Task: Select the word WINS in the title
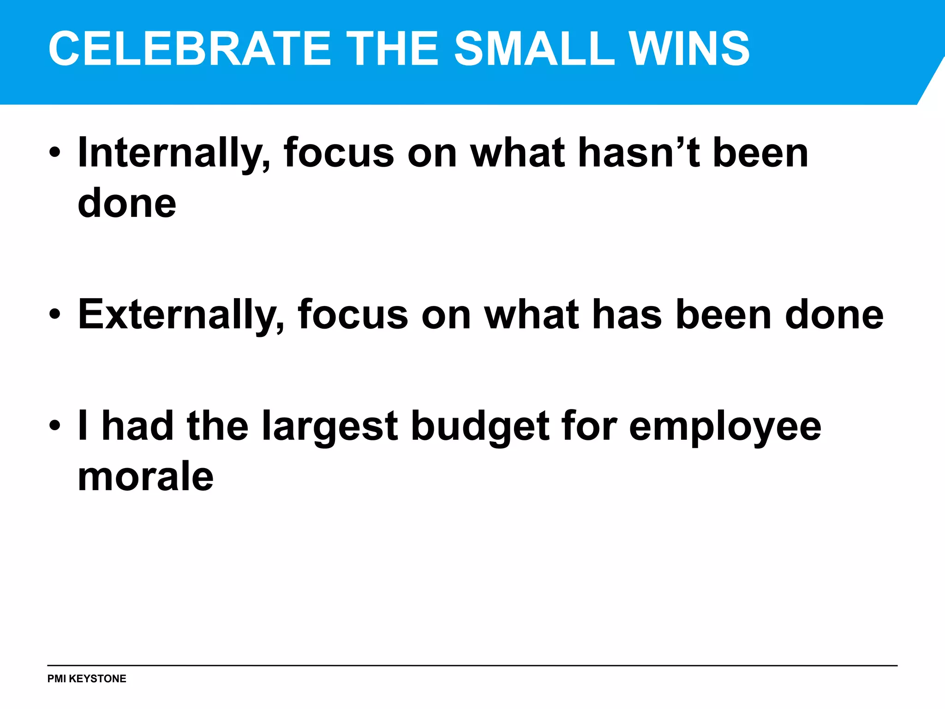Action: pos(689,48)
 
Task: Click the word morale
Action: pos(146,476)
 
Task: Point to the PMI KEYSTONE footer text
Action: pos(87,679)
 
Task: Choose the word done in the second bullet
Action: pos(834,315)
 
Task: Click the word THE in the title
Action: pos(392,48)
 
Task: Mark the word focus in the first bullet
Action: pos(339,153)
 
